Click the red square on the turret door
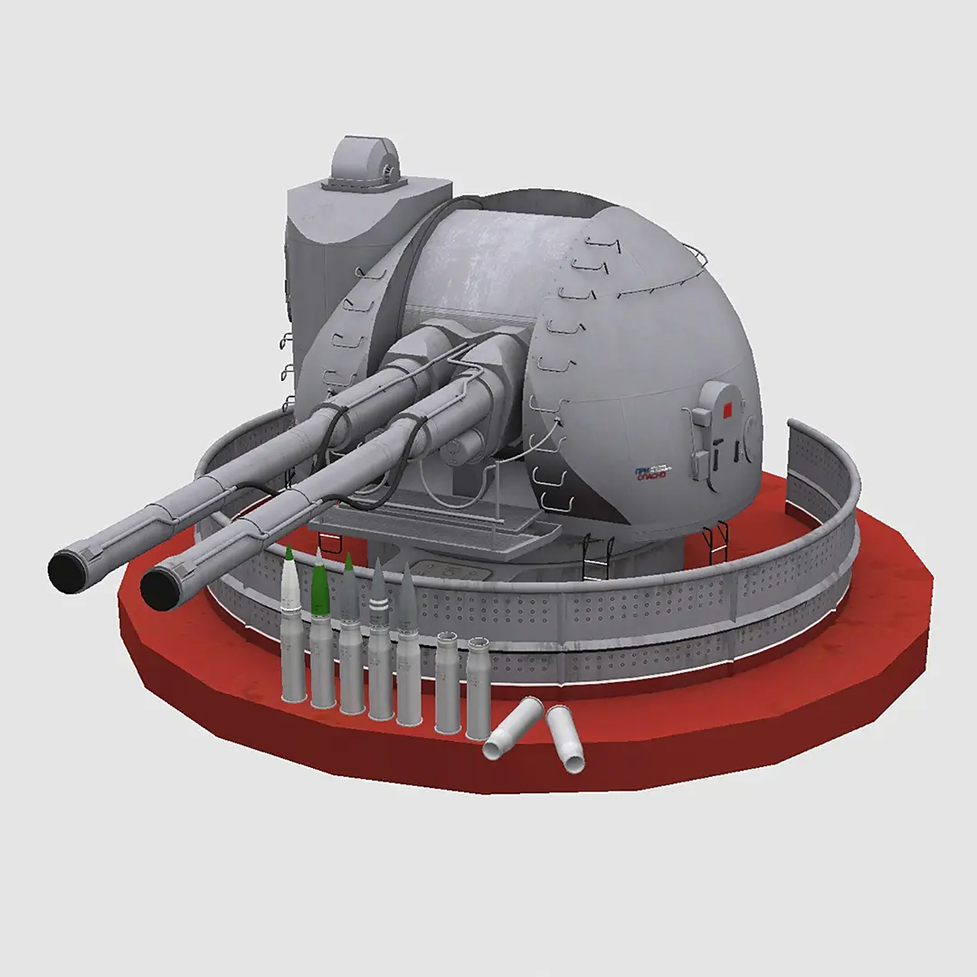point(727,411)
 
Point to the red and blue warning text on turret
point(650,473)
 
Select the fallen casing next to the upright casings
point(513,729)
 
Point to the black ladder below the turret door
point(716,543)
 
